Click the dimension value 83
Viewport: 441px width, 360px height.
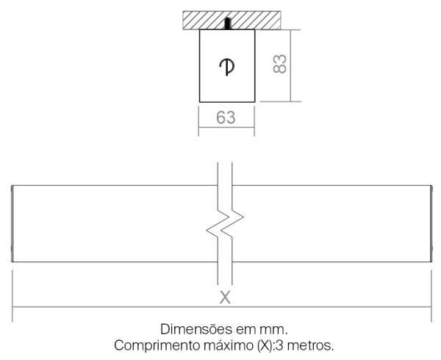(280, 64)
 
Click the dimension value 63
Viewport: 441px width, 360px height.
(226, 118)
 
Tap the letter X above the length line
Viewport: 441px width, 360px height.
(225, 298)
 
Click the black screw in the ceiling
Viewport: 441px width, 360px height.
(228, 24)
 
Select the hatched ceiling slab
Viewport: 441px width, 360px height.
(232, 21)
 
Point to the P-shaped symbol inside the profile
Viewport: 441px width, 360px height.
(227, 67)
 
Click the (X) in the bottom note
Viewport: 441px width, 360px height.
(265, 345)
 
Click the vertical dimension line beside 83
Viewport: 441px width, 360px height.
(290, 65)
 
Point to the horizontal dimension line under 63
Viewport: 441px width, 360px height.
(226, 128)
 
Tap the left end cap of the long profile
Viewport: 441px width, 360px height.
(12, 223)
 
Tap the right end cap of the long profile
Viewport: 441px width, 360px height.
(431, 223)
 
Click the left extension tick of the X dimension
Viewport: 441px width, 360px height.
(12, 296)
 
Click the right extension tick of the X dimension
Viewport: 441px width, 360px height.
(431, 296)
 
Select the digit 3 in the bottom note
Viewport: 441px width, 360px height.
(279, 345)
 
